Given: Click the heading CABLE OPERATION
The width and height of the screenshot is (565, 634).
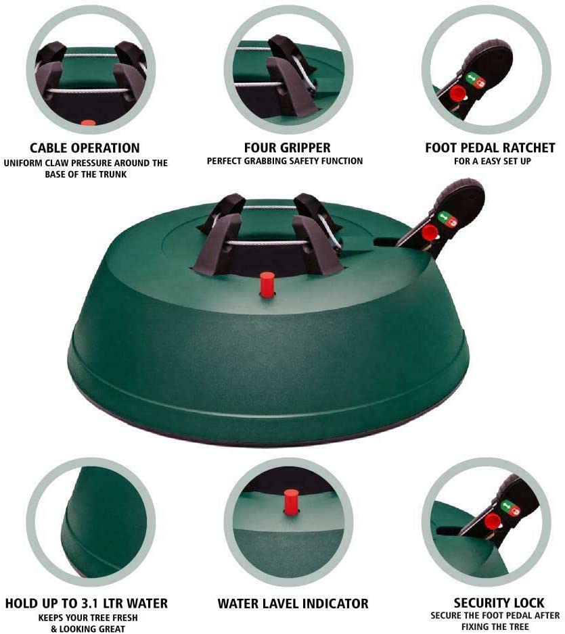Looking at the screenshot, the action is click(x=85, y=148).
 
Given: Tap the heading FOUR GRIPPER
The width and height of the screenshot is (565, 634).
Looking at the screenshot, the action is click(x=287, y=147).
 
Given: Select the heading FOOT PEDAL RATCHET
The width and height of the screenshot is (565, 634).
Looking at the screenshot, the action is click(x=490, y=147).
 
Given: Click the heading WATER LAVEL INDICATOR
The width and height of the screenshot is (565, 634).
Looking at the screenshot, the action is click(x=293, y=604).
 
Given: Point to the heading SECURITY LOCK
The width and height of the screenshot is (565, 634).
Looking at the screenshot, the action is click(x=499, y=603).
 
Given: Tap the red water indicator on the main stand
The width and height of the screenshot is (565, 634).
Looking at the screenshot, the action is click(x=267, y=285).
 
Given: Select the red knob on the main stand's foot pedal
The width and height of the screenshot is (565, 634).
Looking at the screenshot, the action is click(x=429, y=233).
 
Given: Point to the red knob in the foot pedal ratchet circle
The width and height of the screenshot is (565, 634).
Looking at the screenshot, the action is click(x=457, y=94).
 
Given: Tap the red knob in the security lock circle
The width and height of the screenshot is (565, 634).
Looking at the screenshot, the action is click(x=492, y=522).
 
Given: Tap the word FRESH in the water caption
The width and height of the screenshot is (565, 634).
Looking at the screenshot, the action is click(x=122, y=618).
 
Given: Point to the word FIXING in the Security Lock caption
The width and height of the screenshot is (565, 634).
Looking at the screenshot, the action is click(x=475, y=627).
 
